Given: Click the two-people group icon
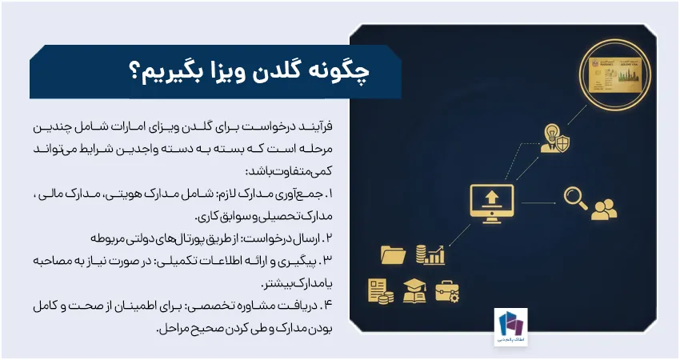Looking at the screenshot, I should (603, 207).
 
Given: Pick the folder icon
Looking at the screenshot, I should (394, 255).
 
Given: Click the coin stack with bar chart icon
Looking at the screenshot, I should (430, 254).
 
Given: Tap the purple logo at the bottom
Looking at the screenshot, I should (510, 328).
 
